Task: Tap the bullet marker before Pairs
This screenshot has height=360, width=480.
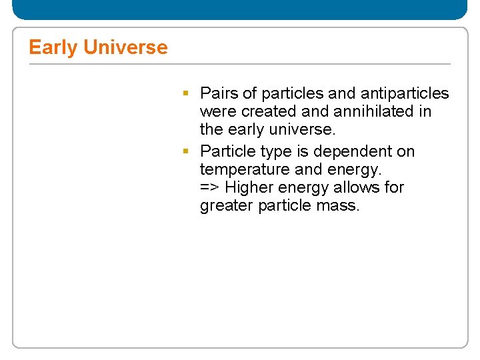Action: point(188,93)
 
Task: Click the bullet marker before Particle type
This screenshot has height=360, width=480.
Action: point(188,151)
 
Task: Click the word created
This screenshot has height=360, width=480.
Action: point(267,111)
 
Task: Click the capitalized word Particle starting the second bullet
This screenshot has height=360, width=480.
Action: point(227,152)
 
